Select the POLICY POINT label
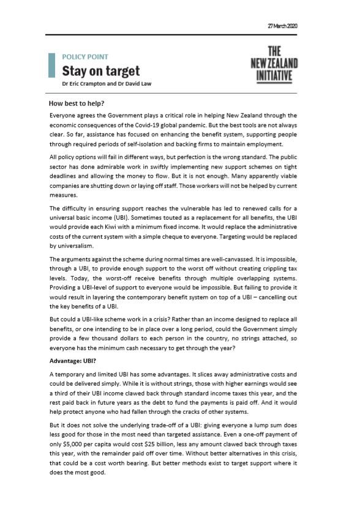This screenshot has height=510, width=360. [86, 56]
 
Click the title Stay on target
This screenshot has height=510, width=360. [100, 70]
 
